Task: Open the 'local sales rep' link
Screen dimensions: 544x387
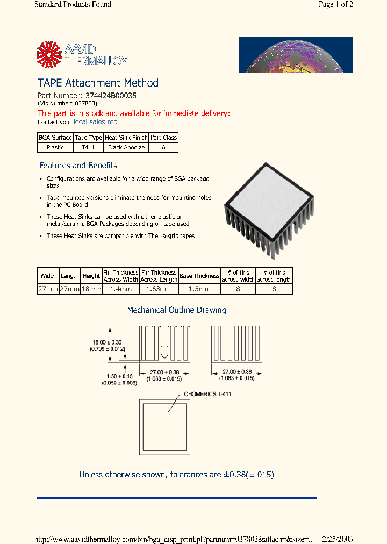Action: [95, 123]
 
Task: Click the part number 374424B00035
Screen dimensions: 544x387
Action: [111, 95]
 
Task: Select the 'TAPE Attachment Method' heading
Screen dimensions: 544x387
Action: [98, 83]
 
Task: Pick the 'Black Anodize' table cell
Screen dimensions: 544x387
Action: [126, 147]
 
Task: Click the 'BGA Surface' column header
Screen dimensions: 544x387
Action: [55, 138]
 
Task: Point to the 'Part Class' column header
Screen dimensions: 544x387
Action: [163, 138]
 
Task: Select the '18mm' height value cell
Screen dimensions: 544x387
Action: [91, 289]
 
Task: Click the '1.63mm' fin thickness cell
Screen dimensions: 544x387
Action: [159, 289]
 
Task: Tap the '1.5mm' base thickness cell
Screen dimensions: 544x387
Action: [199, 289]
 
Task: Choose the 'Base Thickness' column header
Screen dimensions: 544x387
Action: [199, 276]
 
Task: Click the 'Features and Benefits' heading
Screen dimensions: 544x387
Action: [78, 166]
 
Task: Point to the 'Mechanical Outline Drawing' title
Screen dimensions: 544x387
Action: [176, 310]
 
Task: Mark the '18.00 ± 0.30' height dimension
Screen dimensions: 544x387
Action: [106, 342]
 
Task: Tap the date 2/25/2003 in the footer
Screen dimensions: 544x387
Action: [338, 539]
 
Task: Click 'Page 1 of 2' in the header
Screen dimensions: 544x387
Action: [335, 5]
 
